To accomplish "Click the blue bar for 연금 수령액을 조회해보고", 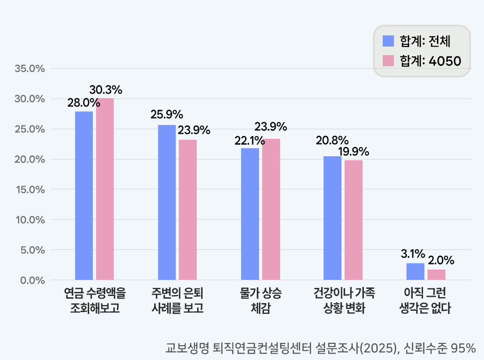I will click(84, 196).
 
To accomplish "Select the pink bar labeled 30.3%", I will click(105, 189).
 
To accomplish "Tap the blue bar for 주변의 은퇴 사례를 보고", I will click(167, 202).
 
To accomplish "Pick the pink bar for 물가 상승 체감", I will click(271, 210).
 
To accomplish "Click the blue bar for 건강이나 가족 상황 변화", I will click(332, 218).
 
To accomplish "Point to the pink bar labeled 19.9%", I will click(353, 220).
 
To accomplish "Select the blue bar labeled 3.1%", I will click(415, 272).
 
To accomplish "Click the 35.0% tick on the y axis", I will click(30, 69).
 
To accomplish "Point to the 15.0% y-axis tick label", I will click(30, 189).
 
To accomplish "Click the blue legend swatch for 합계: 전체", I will click(388, 41).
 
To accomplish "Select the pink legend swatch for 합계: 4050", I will click(388, 61).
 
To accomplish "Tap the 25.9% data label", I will click(167, 114).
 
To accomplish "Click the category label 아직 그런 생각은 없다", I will click(425, 300).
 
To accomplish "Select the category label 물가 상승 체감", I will click(260, 300).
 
